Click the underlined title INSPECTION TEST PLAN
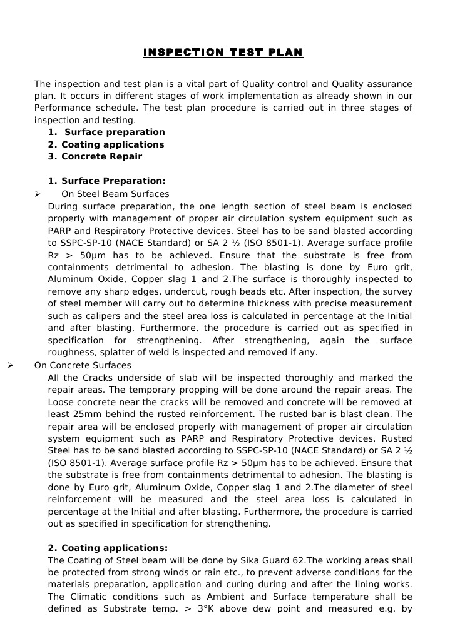click(x=223, y=53)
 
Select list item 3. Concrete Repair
click(x=95, y=157)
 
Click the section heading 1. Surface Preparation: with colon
click(x=106, y=181)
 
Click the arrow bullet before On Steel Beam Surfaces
click(x=38, y=194)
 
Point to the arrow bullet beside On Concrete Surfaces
click(x=10, y=366)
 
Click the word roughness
click(x=71, y=353)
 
